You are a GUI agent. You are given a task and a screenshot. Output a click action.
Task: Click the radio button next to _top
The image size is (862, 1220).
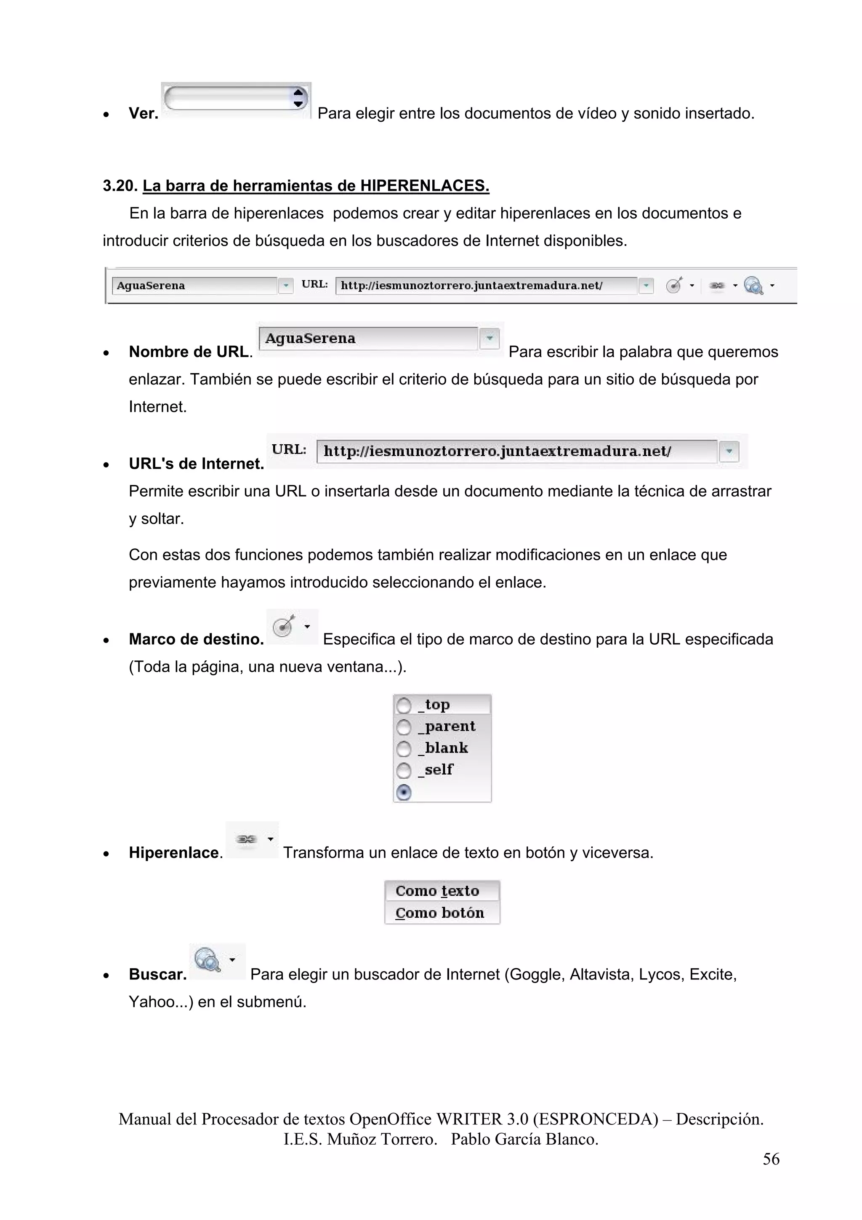(x=404, y=706)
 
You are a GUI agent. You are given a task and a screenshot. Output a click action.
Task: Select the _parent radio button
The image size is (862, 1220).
(x=404, y=727)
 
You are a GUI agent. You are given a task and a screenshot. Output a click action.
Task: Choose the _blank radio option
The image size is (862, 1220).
(x=404, y=749)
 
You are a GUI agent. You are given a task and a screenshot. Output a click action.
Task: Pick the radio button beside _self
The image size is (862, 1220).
(x=404, y=771)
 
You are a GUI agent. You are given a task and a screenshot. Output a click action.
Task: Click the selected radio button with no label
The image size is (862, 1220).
(x=404, y=793)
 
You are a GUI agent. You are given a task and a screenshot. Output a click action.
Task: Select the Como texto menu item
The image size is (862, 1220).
(x=437, y=891)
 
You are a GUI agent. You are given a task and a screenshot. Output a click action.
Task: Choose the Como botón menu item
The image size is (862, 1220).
(x=439, y=913)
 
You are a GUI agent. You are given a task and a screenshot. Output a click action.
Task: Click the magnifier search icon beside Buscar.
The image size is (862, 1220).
(x=208, y=960)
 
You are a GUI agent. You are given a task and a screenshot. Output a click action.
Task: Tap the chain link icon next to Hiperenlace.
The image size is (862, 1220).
(x=246, y=839)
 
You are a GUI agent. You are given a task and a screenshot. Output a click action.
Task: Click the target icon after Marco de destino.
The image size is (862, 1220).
(x=284, y=627)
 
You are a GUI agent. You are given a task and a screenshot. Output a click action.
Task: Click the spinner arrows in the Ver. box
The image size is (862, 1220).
(x=298, y=98)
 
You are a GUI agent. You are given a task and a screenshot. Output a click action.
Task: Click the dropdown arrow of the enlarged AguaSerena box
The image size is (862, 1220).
(x=489, y=338)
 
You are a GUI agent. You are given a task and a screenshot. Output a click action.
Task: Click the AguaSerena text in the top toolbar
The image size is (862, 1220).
(x=151, y=286)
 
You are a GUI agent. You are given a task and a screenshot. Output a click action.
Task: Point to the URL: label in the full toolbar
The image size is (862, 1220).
(x=314, y=284)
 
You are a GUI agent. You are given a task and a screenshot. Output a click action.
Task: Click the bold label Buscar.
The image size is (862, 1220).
(x=158, y=974)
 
